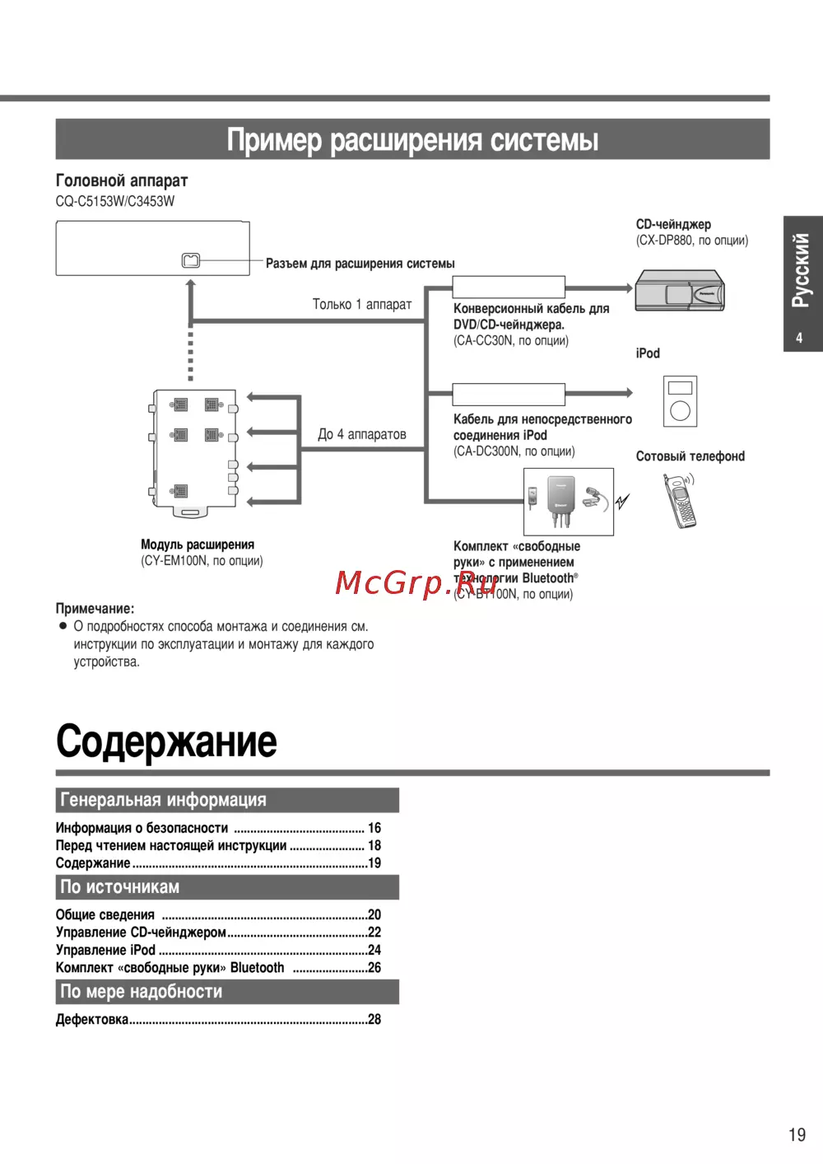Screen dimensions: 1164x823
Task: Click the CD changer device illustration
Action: pos(680,290)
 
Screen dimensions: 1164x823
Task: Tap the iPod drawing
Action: pos(680,400)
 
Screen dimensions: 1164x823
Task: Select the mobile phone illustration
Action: pos(681,501)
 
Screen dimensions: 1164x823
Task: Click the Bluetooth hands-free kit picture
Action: pos(569,501)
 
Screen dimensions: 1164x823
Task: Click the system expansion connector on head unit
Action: pos(190,260)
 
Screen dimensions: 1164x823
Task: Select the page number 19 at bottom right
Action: pos(797,1134)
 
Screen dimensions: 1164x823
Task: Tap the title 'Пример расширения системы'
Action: pos(412,139)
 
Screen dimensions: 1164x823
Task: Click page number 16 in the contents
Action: pos(374,828)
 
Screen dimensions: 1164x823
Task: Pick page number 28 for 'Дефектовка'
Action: pos(374,1019)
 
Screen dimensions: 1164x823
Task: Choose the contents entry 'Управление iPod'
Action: pos(105,950)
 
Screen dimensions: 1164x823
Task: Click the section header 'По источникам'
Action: pos(120,887)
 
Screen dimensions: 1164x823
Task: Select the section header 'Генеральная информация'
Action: pos(163,800)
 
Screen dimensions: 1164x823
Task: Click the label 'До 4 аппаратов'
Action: pos(362,434)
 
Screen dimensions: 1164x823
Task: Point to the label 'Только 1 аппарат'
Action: pos(362,304)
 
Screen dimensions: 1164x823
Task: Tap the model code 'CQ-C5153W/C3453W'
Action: pos(115,201)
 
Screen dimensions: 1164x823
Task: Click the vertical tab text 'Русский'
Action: pos(801,270)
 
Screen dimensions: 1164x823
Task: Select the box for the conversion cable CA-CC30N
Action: pos(509,287)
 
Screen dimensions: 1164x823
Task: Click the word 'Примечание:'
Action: pos(95,609)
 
